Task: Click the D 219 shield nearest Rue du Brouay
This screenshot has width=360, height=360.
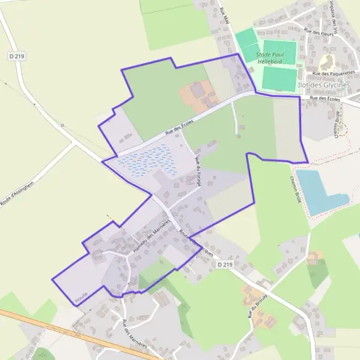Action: [225, 264]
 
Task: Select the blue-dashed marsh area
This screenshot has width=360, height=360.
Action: [147, 161]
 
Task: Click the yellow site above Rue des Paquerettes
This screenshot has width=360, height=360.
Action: [328, 61]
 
